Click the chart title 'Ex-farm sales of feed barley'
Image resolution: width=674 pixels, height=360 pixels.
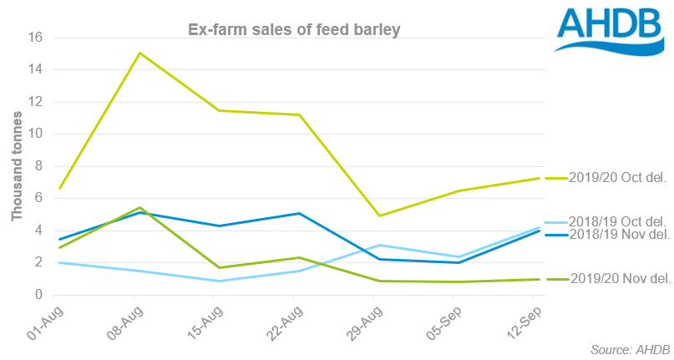click(x=292, y=31)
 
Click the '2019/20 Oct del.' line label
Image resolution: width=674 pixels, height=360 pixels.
click(x=616, y=178)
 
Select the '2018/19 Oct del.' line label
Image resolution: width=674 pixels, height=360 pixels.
click(x=616, y=221)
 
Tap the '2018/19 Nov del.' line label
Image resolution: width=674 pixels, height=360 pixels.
click(x=616, y=235)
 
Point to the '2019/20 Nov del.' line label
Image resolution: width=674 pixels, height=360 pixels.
click(x=616, y=279)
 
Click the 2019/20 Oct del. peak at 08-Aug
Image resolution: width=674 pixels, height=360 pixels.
click(x=139, y=53)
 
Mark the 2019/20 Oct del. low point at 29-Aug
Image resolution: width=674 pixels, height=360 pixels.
click(x=380, y=215)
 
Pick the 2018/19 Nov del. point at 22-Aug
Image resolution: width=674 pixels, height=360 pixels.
click(x=300, y=213)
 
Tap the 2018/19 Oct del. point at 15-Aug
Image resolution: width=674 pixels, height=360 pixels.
click(x=220, y=281)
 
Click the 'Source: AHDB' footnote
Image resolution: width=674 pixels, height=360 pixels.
click(x=621, y=347)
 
